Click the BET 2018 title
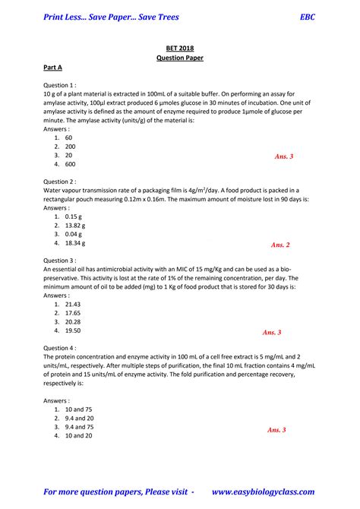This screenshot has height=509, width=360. [x=179, y=47]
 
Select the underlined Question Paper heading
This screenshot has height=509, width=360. [x=179, y=57]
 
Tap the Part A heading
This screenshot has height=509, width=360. [x=53, y=68]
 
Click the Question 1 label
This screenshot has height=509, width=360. [x=59, y=86]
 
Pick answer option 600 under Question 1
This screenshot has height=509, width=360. [x=70, y=164]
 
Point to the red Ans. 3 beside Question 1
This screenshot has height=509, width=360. [x=284, y=156]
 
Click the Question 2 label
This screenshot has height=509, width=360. [x=59, y=182]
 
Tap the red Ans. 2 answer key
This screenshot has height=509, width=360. [x=280, y=245]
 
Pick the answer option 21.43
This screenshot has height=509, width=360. [x=73, y=304]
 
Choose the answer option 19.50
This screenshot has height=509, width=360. [x=73, y=330]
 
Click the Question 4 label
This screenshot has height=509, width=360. [x=59, y=347]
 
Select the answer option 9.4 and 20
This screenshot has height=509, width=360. [x=80, y=418]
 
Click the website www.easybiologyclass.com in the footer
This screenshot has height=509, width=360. [x=263, y=492]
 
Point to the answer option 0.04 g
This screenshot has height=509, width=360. [x=74, y=235]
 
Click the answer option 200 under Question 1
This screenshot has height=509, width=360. [x=70, y=147]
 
